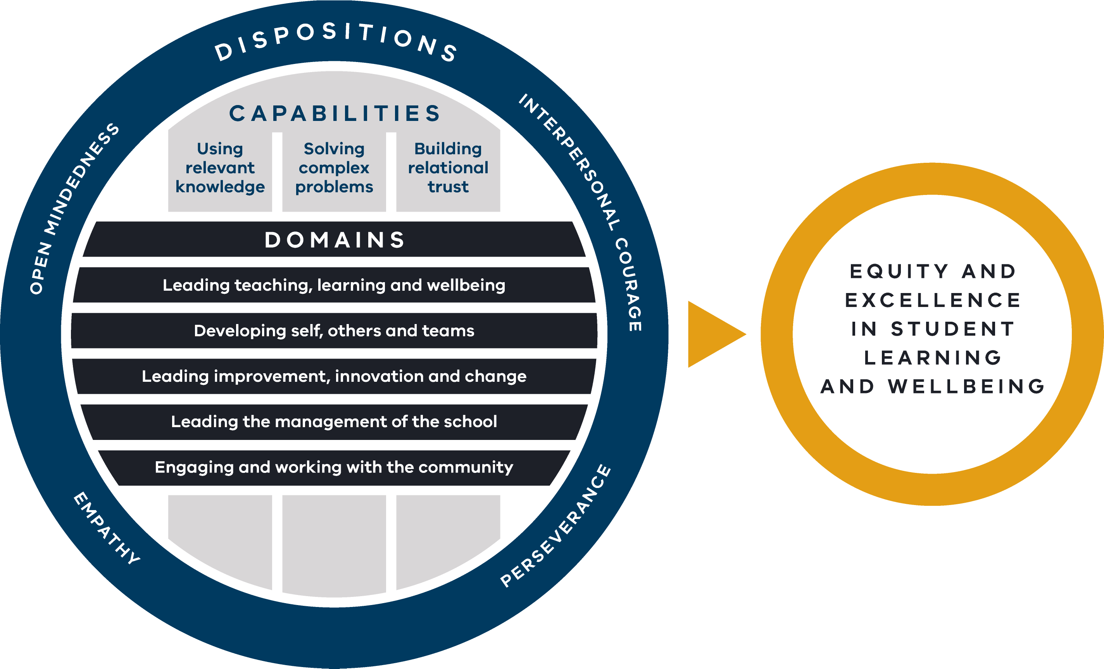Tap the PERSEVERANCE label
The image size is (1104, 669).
coord(555,526)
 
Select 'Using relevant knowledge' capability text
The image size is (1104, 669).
coord(220,167)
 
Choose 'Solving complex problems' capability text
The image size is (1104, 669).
coord(334,167)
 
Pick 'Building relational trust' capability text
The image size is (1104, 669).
coord(448,167)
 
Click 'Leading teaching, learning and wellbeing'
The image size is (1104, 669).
coord(334,285)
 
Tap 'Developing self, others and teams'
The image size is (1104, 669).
coord(334,331)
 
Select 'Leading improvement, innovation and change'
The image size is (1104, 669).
coord(334,376)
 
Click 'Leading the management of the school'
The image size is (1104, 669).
coord(334,422)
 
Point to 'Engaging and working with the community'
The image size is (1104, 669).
coord(334,467)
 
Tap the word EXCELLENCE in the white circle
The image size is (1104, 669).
coord(932,300)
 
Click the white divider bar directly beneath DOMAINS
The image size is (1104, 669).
coord(334,262)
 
